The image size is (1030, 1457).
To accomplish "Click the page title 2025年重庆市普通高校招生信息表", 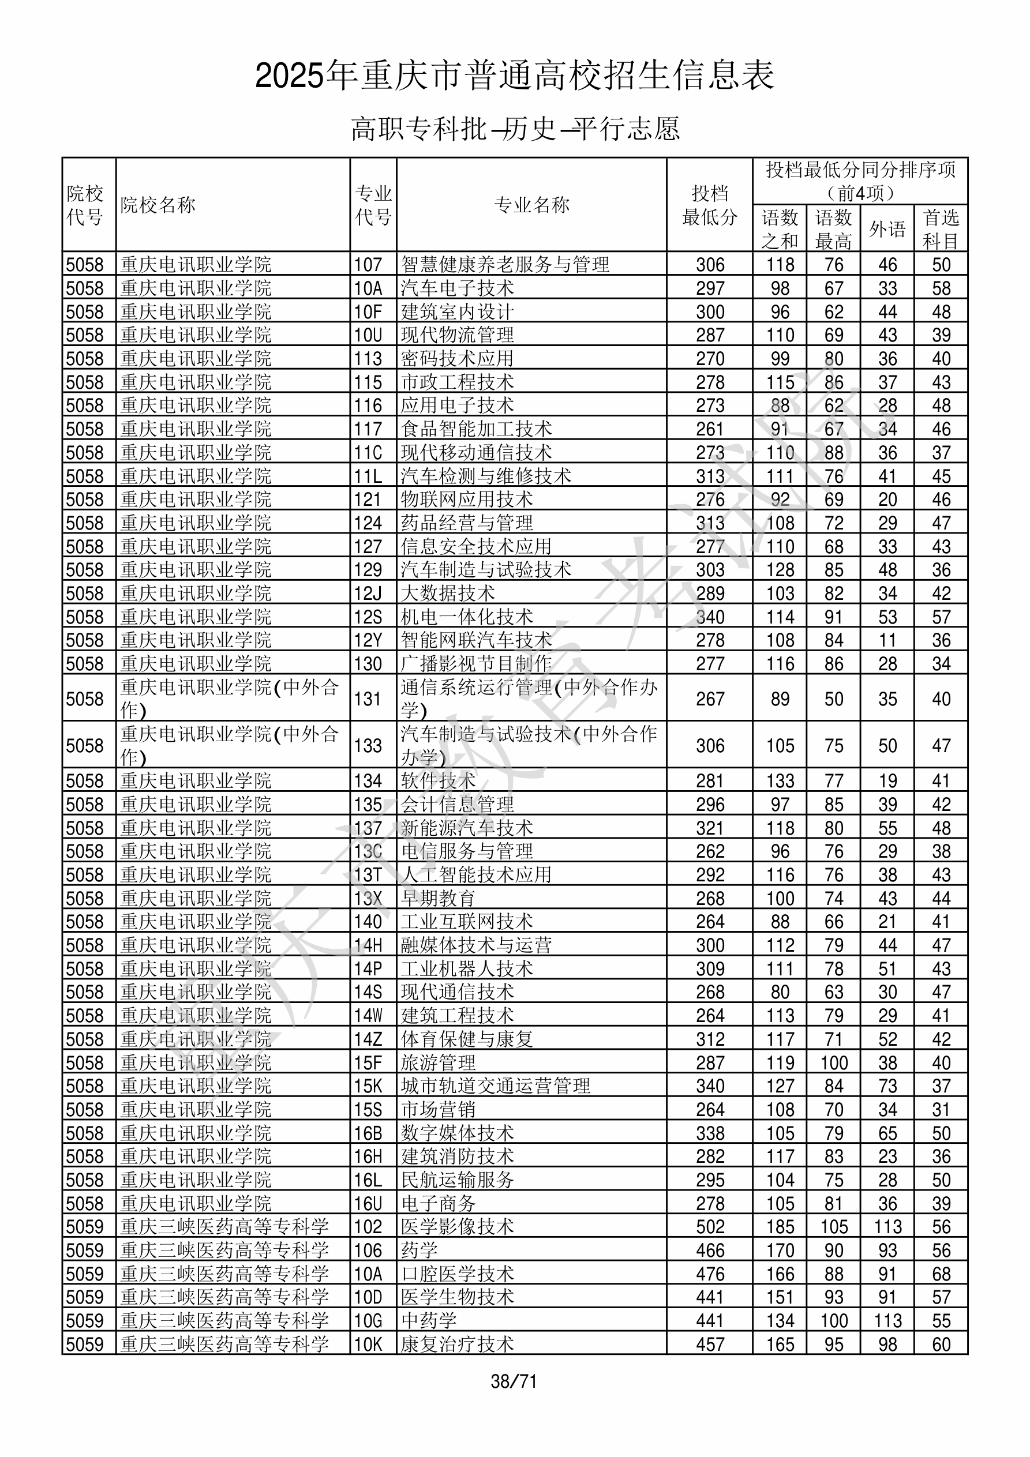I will pos(514,76).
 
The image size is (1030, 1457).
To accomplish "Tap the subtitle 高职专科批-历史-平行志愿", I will pos(515,129).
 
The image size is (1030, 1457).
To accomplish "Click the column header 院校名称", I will pos(158,205).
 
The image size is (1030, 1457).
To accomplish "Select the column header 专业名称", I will pos(531,205).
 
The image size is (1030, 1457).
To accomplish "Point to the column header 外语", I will pos(887,229).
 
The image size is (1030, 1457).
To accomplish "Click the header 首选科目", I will pos(941,229).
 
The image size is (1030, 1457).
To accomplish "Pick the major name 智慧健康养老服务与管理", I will pos(505,265).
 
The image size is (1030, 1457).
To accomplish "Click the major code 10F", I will pos(368,311).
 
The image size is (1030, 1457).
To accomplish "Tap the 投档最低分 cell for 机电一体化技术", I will pos(709,617).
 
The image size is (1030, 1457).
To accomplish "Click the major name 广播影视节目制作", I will pos(476,664).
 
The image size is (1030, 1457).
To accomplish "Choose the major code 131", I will pos(368,699).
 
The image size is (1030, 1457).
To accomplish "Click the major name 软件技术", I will pos(438,781).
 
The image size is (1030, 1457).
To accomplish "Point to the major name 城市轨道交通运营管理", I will pos(495,1086).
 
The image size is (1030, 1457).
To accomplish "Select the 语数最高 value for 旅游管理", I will pos(833,1063).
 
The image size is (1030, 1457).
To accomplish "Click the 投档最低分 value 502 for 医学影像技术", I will pos(709,1227).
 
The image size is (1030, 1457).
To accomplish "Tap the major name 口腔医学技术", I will pos(457,1274).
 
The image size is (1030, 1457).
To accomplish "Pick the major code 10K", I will pos(368,1344).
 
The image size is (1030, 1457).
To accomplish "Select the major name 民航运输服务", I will pos(457,1180).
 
